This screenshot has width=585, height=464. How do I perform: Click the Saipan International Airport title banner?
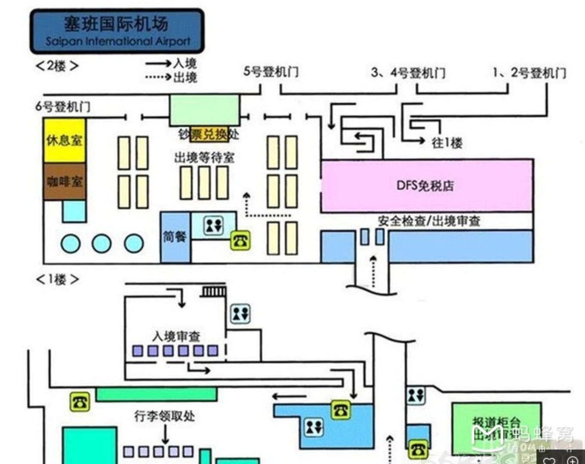117,31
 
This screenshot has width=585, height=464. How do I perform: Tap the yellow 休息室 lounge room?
65,141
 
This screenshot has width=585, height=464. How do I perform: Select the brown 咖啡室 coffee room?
65,181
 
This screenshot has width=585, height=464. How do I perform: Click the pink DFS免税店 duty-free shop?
426,186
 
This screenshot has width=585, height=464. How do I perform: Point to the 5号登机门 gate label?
271,71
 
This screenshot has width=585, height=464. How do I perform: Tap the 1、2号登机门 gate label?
530,73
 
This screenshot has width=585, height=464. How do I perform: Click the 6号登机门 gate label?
63,106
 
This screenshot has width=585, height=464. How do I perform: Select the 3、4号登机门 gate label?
408,73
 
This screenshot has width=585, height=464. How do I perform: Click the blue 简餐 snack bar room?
175,237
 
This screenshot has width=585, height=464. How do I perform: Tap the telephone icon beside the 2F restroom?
240,240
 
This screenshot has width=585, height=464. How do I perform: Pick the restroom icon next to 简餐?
213,225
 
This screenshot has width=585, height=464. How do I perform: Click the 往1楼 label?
447,143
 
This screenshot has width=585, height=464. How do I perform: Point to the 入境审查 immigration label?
176,336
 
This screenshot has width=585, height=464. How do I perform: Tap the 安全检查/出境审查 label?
428,221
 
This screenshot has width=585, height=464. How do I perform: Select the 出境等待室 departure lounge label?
204,158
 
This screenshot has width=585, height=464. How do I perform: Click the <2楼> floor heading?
57,66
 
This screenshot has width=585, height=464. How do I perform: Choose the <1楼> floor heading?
57,280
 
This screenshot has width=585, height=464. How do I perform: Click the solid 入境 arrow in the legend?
158,64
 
